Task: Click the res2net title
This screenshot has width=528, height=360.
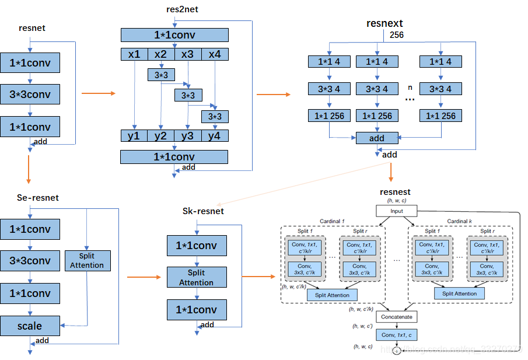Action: click(x=182, y=10)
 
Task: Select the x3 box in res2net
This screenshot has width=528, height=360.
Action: click(x=188, y=54)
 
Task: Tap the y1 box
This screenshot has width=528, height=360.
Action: click(x=134, y=136)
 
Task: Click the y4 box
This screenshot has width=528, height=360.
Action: click(x=215, y=136)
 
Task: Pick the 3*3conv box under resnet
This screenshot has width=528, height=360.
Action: click(x=30, y=94)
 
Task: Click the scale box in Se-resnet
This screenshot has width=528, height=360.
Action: click(x=30, y=326)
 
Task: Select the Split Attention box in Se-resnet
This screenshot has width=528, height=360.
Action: click(x=87, y=260)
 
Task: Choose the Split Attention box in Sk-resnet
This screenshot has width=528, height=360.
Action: click(x=197, y=278)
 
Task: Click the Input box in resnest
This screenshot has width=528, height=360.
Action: click(x=396, y=211)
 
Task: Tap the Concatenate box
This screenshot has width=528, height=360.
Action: click(x=397, y=317)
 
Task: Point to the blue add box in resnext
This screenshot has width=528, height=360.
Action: click(x=377, y=138)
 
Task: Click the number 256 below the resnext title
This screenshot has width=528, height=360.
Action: click(x=397, y=35)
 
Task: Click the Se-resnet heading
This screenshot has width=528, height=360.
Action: click(x=38, y=198)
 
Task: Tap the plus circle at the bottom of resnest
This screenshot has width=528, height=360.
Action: click(x=397, y=351)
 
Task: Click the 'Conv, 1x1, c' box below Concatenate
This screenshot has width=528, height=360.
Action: click(x=397, y=335)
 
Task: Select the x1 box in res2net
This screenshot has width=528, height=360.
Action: click(x=134, y=54)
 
